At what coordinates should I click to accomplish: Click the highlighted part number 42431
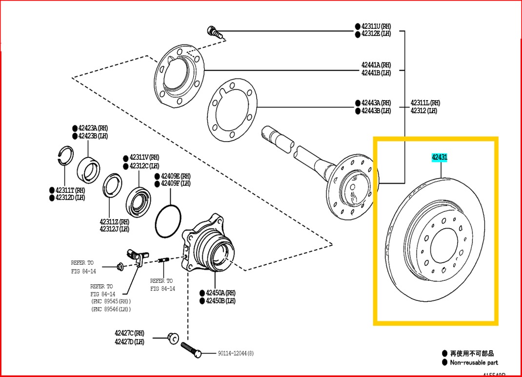439,157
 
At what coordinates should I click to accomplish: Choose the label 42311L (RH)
425,103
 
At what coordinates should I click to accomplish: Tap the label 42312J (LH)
114,229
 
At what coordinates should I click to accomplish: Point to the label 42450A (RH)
221,293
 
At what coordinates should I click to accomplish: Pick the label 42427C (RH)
130,333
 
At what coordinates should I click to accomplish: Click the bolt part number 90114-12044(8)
235,353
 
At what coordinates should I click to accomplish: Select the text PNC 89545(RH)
111,301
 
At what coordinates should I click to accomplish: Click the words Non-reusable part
474,362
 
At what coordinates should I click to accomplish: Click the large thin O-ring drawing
168,223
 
